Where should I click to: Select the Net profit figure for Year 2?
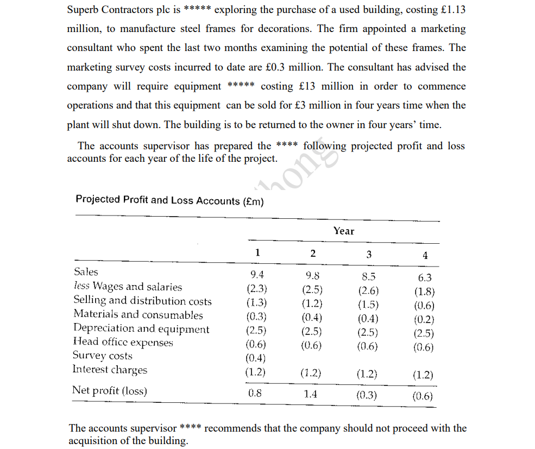pyautogui.click(x=310, y=394)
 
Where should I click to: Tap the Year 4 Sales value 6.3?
pyautogui.click(x=425, y=277)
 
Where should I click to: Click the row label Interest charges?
pyautogui.click(x=110, y=370)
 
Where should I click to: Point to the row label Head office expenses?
pyautogui.click(x=123, y=342)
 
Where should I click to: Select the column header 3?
pyautogui.click(x=369, y=254)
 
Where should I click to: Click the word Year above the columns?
pyautogui.click(x=343, y=231)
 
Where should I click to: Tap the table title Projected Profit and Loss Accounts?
pyautogui.click(x=169, y=200)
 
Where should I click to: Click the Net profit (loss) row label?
pyautogui.click(x=110, y=391)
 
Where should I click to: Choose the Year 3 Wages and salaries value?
pyautogui.click(x=368, y=290)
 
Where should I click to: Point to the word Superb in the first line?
pyautogui.click(x=83, y=10)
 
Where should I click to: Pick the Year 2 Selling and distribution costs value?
pyautogui.click(x=312, y=303)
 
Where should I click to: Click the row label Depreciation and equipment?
pyautogui.click(x=141, y=328)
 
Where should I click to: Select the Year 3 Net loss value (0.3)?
pyautogui.click(x=367, y=395)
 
